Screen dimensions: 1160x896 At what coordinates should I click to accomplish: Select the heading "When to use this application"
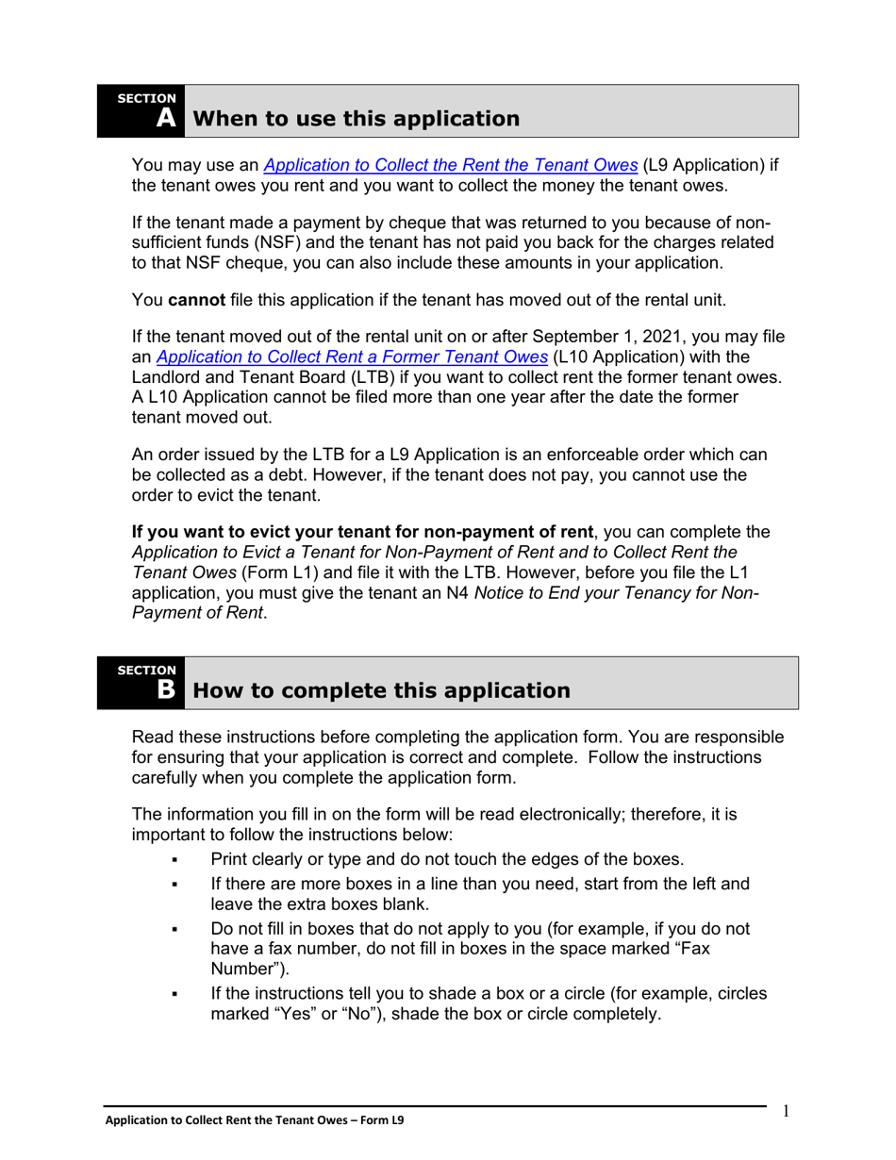pyautogui.click(x=356, y=119)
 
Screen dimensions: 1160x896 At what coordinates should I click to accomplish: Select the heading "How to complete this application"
pyautogui.click(x=381, y=690)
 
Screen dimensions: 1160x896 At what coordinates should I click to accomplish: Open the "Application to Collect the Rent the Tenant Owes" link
pyautogui.click(x=451, y=165)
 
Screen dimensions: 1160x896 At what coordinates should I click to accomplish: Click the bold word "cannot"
pyautogui.click(x=196, y=301)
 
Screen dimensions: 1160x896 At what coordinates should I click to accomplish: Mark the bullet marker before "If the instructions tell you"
pyautogui.click(x=174, y=994)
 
